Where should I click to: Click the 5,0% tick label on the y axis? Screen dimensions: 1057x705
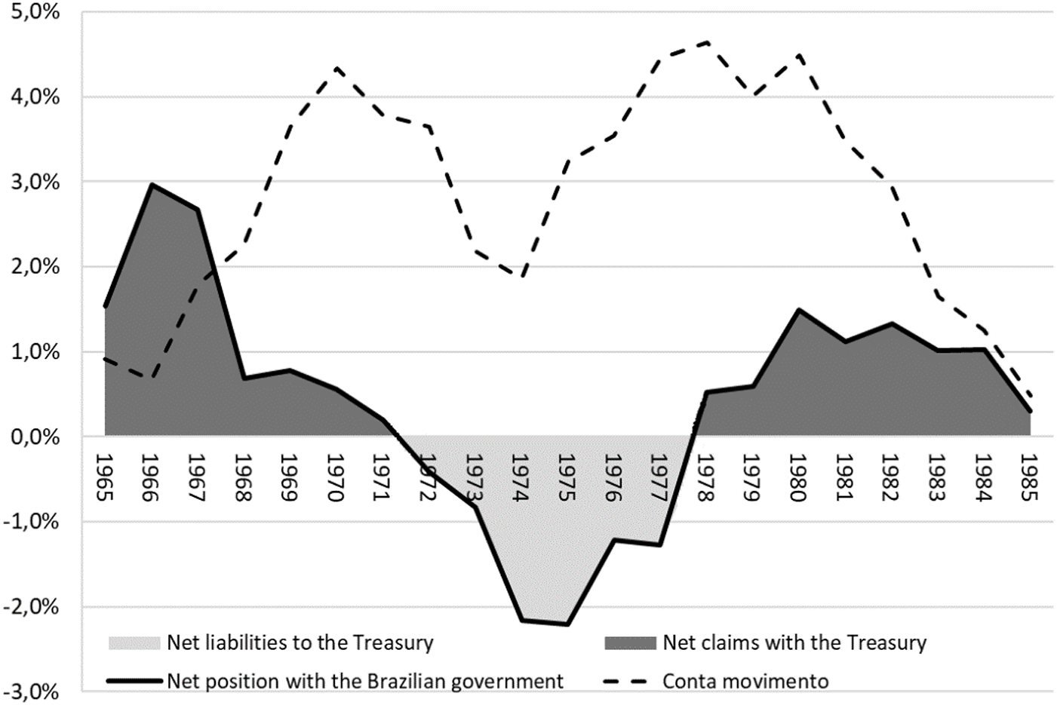(35, 12)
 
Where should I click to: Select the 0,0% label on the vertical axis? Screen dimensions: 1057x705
(35, 437)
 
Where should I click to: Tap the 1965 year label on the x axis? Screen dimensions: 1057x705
(105, 478)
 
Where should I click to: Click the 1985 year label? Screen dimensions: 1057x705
(1029, 478)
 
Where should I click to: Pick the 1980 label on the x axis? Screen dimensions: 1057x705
(798, 478)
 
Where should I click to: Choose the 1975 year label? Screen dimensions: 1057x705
(567, 478)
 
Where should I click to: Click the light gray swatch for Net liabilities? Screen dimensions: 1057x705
(134, 643)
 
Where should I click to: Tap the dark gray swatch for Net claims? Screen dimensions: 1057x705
(631, 643)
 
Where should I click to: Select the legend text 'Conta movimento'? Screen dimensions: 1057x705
(745, 682)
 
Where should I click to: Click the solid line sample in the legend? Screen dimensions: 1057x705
(134, 682)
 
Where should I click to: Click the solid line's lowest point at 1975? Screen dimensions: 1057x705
(567, 625)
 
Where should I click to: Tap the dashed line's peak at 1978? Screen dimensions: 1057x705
(707, 43)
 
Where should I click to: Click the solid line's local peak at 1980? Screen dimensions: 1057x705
(798, 310)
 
